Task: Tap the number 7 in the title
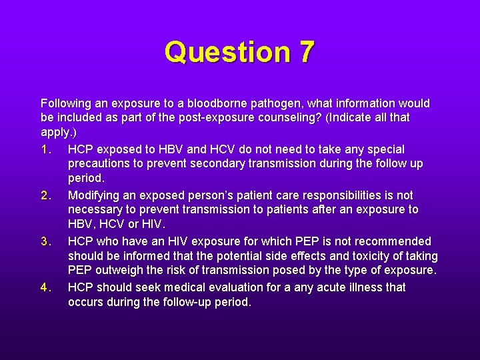[x=305, y=52]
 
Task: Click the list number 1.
[x=45, y=149]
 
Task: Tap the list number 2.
[x=45, y=195]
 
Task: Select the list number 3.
[x=45, y=241]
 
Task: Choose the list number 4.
[x=45, y=287]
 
